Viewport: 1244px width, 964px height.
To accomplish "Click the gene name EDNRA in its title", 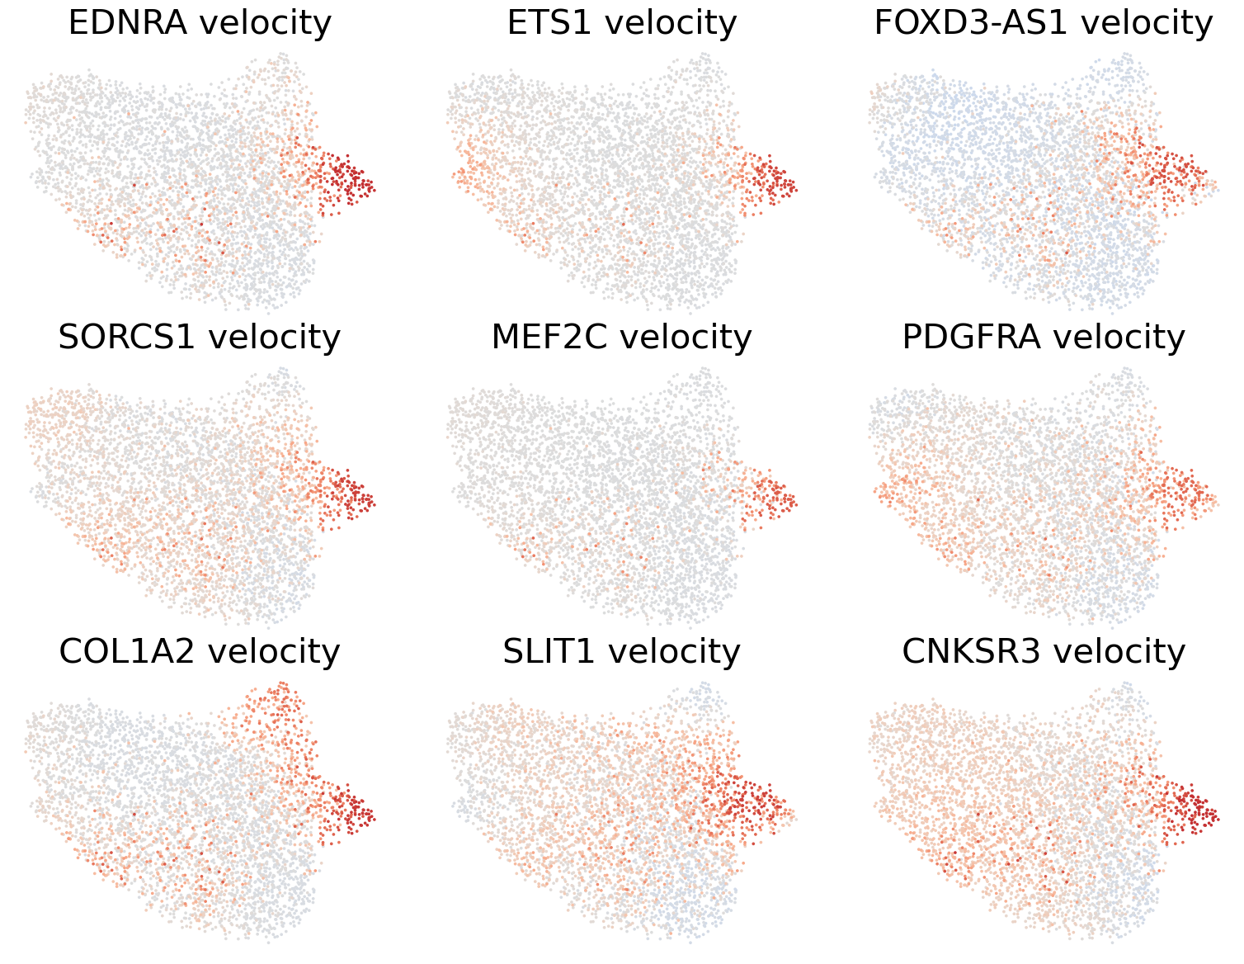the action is pyautogui.click(x=127, y=23).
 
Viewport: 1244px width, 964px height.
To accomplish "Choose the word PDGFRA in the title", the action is pyautogui.click(x=971, y=338).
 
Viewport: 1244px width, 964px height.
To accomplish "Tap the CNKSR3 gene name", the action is pyautogui.click(x=971, y=652).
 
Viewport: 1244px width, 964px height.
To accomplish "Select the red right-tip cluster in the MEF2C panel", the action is pyautogui.click(x=770, y=495).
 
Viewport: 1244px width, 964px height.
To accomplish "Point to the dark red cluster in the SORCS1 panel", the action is pyautogui.click(x=346, y=493).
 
